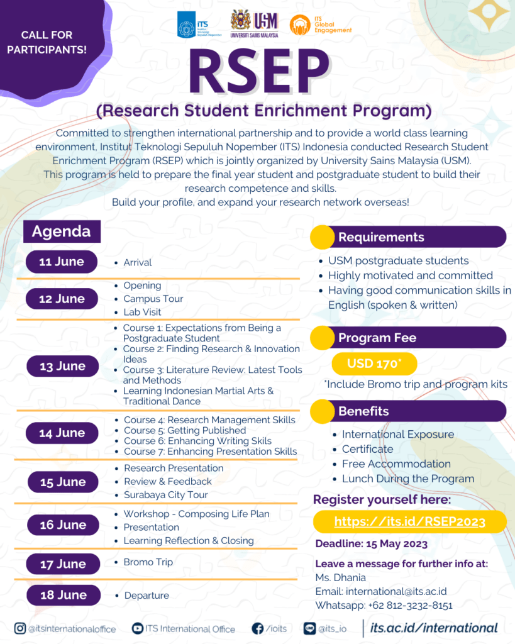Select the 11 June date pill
(x=62, y=262)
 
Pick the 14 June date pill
(x=62, y=433)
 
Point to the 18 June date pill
(x=63, y=595)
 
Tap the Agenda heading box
(x=61, y=231)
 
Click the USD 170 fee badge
(x=373, y=364)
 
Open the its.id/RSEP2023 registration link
(x=409, y=521)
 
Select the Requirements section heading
(x=381, y=237)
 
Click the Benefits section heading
(x=363, y=411)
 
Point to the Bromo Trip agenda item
(x=148, y=562)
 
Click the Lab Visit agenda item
(x=142, y=312)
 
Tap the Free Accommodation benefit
(x=396, y=464)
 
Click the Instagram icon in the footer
(x=21, y=628)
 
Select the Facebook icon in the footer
(x=257, y=628)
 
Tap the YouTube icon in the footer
(x=138, y=628)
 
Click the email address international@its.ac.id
(x=396, y=592)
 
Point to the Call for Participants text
(x=47, y=42)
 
